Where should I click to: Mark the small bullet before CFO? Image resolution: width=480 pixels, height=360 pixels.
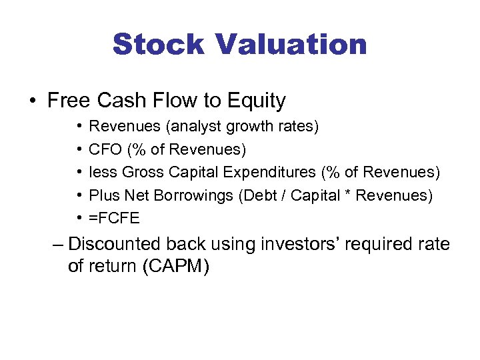(x=79, y=149)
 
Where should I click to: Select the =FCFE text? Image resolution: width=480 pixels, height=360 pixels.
(x=115, y=218)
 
